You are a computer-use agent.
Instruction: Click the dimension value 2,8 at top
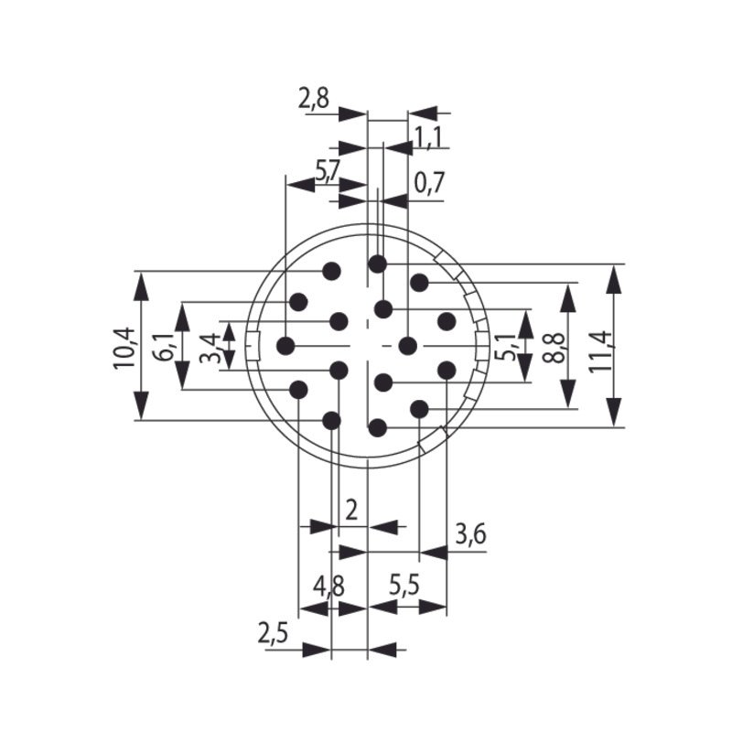(313, 99)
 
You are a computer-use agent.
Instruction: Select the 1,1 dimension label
(427, 137)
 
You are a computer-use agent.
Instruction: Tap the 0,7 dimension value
(428, 183)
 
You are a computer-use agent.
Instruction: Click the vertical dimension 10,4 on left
(124, 348)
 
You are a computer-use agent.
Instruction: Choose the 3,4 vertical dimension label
(210, 347)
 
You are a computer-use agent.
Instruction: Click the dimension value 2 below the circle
(351, 509)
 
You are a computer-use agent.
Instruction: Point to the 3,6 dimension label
(469, 534)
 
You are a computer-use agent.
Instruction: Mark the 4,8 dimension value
(328, 586)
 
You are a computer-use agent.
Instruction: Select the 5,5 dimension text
(404, 586)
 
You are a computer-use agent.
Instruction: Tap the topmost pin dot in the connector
(377, 264)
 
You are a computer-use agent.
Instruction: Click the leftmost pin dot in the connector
(285, 346)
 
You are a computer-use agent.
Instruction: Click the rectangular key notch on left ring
(257, 346)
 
